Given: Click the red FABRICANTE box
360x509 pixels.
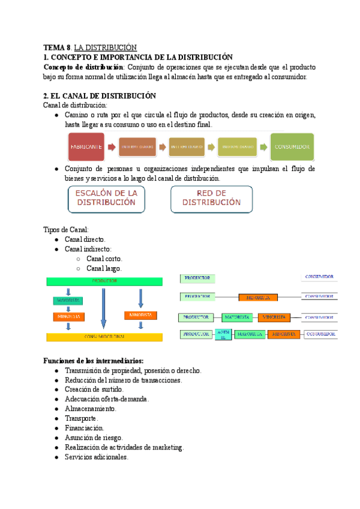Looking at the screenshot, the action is [85, 146].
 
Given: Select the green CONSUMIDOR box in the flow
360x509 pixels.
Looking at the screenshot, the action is [292, 146].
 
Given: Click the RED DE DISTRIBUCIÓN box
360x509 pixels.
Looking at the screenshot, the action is [211, 198].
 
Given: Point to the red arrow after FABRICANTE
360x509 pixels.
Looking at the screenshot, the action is [112, 146].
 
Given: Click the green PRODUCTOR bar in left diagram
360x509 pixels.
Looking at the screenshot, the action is [104, 281].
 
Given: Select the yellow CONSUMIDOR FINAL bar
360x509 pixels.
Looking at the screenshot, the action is [104, 337].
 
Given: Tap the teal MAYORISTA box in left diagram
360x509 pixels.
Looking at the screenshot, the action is [68, 301].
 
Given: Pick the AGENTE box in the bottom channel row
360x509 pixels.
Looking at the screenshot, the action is [223, 334].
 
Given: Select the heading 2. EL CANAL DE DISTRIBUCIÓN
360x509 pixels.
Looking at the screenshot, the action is [100, 95].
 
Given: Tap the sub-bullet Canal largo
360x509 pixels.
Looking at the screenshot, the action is [104, 268].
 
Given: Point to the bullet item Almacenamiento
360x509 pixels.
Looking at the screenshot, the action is [91, 408].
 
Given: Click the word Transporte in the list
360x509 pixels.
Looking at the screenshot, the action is [81, 418].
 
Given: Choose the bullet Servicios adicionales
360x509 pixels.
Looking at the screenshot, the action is [97, 457].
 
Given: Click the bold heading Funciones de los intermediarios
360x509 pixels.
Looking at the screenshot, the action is [93, 361].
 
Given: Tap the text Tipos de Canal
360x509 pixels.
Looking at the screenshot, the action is [66, 229].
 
